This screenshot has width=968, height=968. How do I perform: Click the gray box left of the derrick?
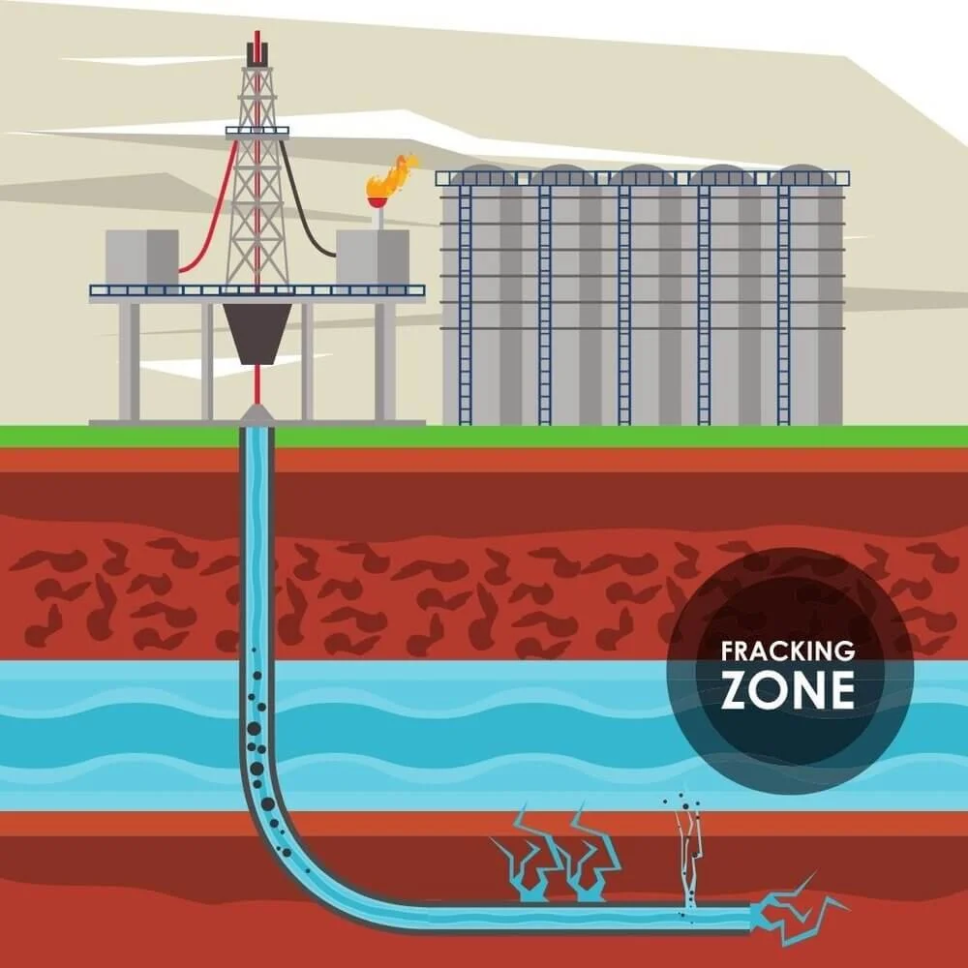[x=141, y=257]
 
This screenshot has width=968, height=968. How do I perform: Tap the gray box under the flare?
[x=373, y=257]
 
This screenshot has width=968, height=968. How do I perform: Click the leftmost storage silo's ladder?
[x=466, y=300]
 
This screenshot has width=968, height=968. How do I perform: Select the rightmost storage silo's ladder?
[x=783, y=300]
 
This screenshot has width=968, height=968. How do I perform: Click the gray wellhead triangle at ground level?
[x=257, y=414]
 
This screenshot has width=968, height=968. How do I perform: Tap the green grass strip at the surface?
[x=581, y=436]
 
